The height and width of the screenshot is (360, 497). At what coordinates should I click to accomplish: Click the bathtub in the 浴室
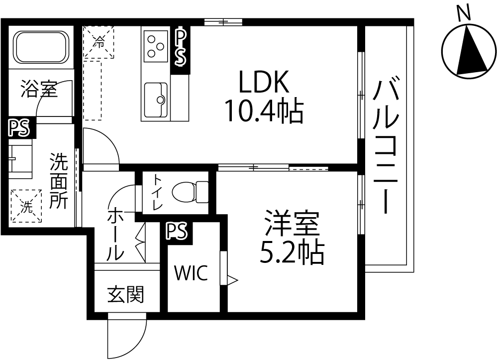click(41, 47)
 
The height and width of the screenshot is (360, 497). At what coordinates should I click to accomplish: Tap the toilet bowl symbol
click(190, 192)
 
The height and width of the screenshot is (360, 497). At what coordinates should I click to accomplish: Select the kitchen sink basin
click(156, 100)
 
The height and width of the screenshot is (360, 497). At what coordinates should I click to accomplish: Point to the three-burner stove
click(156, 46)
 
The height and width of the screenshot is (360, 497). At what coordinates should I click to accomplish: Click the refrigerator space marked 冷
click(99, 42)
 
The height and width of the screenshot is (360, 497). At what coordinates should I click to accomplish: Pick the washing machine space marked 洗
click(26, 206)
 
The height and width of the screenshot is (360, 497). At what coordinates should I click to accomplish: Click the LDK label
click(264, 81)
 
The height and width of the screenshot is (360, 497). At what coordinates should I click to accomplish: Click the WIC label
click(192, 273)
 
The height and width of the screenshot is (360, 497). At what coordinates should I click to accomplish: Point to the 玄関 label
click(125, 294)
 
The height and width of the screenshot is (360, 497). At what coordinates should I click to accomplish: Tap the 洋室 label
click(292, 223)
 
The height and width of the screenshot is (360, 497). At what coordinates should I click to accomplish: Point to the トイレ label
click(157, 193)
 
